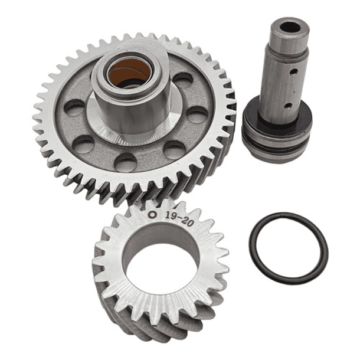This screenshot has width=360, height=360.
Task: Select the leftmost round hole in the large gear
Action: pyautogui.click(x=75, y=107)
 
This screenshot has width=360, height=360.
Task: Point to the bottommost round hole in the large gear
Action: pyautogui.click(x=125, y=162)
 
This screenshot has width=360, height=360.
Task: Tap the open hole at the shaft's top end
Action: pyautogui.click(x=289, y=27)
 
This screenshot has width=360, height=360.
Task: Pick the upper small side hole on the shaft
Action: pyautogui.click(x=292, y=74)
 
